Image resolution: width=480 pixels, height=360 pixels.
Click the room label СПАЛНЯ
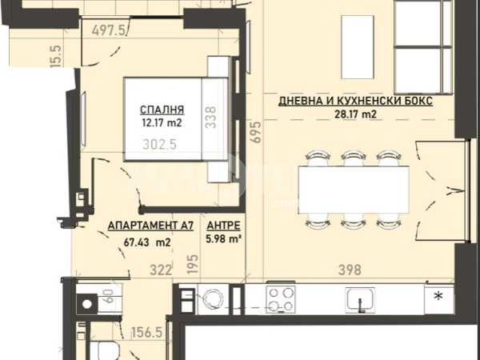pos(162,110)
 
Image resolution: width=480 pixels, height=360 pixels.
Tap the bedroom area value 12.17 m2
pos(162,123)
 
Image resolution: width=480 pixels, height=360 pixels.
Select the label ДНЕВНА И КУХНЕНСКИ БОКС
pos(356,101)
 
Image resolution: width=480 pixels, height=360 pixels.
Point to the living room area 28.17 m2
pos(356,114)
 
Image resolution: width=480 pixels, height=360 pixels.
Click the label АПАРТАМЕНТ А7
pos(150,226)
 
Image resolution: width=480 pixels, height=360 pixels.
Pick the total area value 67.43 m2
pos(147,242)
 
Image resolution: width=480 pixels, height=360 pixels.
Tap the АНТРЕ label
pos(223,226)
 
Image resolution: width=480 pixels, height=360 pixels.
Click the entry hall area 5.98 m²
pos(222,238)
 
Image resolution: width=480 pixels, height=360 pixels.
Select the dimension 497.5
pos(109,30)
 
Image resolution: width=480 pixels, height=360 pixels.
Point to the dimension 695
pos(256,132)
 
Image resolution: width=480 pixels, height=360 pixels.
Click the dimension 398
pos(350,270)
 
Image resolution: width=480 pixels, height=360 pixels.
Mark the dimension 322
pos(161,270)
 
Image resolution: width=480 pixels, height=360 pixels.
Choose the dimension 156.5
pos(146,333)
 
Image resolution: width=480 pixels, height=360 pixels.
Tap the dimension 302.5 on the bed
pos(159,145)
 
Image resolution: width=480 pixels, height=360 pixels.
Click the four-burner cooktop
pos(281,299)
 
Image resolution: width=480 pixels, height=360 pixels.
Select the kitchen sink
pos(361,299)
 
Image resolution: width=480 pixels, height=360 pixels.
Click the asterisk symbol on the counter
pos(438,296)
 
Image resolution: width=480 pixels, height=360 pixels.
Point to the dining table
pos(354,190)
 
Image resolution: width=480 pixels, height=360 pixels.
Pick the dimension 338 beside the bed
pos(211,118)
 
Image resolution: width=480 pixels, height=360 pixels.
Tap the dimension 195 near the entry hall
pos(193,265)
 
